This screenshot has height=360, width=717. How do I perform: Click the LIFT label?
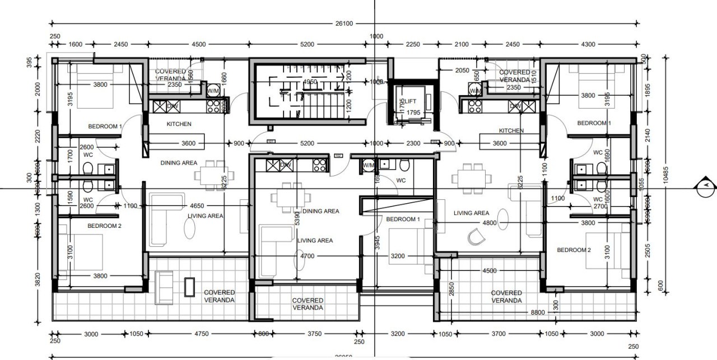pyautogui.click(x=411, y=101)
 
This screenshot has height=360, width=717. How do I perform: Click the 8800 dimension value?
pyautogui.click(x=537, y=312)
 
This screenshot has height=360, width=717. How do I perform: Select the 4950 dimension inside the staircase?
pyautogui.click(x=309, y=82)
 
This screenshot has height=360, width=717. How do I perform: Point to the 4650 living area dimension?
pyautogui.click(x=197, y=205)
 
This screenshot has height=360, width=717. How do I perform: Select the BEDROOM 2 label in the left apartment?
pyautogui.click(x=105, y=226)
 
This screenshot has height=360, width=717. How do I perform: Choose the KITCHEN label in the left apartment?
pyautogui.click(x=179, y=124)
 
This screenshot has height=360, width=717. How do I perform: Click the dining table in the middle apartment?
pyautogui.click(x=291, y=197)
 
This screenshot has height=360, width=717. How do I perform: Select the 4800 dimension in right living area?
pyautogui.click(x=490, y=222)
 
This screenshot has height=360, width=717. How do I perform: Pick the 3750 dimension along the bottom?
pyautogui.click(x=314, y=334)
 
